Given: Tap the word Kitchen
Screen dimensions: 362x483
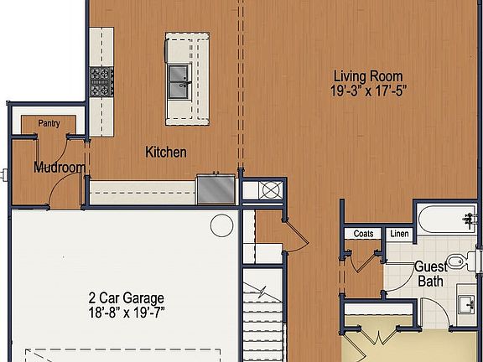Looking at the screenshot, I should (x=166, y=153).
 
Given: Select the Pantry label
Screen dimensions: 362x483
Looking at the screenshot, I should (x=49, y=124).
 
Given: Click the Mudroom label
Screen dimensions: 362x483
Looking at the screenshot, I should (x=59, y=168).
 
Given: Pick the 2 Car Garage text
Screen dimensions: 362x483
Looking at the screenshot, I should (x=126, y=298).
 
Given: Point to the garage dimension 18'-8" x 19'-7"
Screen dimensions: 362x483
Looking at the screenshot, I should (x=126, y=313).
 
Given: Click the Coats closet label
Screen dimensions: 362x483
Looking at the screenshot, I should (x=363, y=234).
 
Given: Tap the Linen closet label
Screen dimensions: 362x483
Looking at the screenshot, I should (x=400, y=234).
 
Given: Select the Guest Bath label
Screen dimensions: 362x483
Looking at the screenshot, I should (x=430, y=274).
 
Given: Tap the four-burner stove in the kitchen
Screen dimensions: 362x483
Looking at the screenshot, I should (x=101, y=80).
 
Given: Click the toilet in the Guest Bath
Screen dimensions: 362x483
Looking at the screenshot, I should (x=458, y=261).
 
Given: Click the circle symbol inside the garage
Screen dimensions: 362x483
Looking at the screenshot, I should (x=221, y=225).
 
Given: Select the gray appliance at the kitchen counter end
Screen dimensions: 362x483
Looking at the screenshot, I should (x=216, y=188).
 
